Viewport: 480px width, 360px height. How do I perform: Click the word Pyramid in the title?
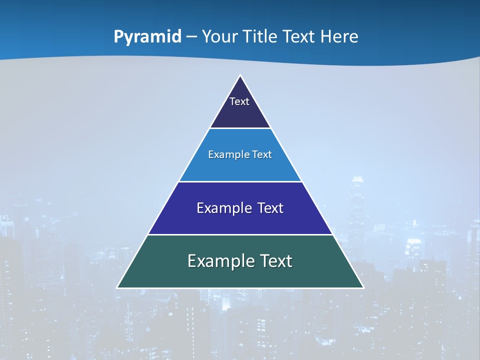147,36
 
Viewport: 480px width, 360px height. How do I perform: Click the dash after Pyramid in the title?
191,37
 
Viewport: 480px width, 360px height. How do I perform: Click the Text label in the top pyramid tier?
239,101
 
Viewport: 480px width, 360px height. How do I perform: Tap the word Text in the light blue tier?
262,154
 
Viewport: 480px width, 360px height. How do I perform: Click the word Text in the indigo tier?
270,208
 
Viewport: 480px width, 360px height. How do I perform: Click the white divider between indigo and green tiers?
240,234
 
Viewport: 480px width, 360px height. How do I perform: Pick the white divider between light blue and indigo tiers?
240,181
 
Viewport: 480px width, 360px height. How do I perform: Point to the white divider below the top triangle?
240,128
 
